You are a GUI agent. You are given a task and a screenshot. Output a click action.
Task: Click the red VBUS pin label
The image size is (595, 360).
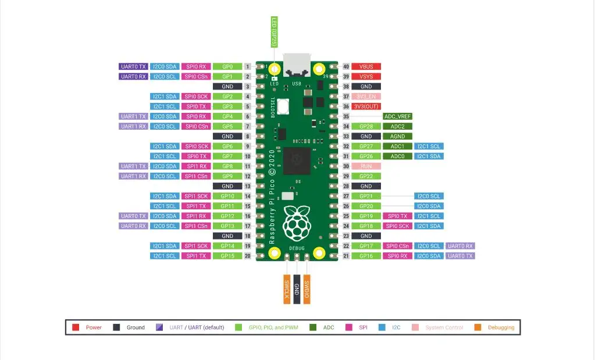pos(366,67)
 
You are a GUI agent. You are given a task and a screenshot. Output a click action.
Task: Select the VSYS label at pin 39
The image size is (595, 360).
pos(366,77)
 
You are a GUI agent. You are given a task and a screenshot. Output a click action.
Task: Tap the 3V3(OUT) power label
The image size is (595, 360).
pos(366,106)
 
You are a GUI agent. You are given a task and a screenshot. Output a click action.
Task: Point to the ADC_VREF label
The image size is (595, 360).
pos(397,116)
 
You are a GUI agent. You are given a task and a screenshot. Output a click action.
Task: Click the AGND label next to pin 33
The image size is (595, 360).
pos(397,137)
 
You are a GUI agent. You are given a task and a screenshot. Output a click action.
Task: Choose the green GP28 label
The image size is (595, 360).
pos(366,126)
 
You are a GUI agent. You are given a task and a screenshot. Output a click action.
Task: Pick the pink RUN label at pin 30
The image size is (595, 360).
pos(366,166)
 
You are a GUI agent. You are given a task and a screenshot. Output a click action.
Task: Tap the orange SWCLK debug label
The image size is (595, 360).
pos(287,288)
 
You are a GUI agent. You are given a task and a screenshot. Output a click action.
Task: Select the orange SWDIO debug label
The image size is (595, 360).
pos(307,288)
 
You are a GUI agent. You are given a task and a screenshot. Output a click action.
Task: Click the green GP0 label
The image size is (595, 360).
pos(227,67)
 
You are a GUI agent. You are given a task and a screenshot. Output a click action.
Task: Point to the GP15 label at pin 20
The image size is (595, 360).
pos(227,256)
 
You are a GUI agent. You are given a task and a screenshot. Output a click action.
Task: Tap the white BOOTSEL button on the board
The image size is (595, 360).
pos(284,106)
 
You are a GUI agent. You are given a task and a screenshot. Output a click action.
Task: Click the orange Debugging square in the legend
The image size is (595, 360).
pos(478,327)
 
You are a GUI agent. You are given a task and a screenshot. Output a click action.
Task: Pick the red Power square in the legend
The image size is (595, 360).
pos(76,327)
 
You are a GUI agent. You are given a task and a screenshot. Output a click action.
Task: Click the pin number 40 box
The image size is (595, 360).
pos(345,67)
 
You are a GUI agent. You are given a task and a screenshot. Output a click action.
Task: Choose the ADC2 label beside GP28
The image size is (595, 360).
pos(397,126)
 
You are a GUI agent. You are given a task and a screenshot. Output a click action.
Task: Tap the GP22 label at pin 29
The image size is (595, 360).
pos(366,176)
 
